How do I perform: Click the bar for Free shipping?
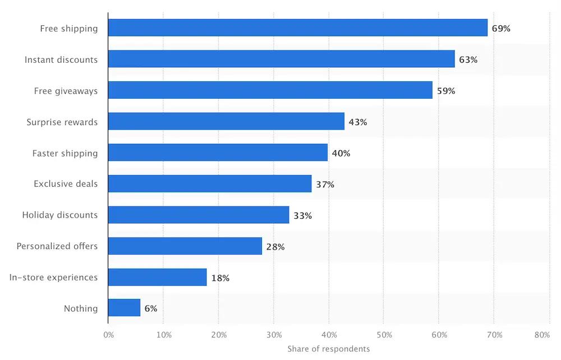coord(297,28)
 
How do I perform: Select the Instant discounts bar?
coord(281,59)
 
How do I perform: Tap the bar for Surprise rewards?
coord(226,122)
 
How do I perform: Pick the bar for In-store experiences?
coord(157,277)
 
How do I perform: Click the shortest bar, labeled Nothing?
coord(124,308)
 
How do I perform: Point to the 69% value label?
coord(501,28)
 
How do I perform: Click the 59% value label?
coord(446,91)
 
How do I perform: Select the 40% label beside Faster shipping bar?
coord(341,153)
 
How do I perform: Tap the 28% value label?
coord(275,247)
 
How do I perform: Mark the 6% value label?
coord(151,308)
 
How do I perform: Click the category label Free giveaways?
coord(66,91)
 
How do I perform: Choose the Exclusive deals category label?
coord(66,184)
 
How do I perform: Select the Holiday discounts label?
coord(60,215)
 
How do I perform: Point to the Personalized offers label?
coord(57,246)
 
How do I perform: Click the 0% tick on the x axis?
coord(109,335)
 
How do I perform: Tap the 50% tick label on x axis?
coord(384,335)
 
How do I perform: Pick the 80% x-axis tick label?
coord(542,335)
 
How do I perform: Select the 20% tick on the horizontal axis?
coord(219,335)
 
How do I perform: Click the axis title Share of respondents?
coord(329,349)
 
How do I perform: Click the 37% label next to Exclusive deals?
coord(325,184)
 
